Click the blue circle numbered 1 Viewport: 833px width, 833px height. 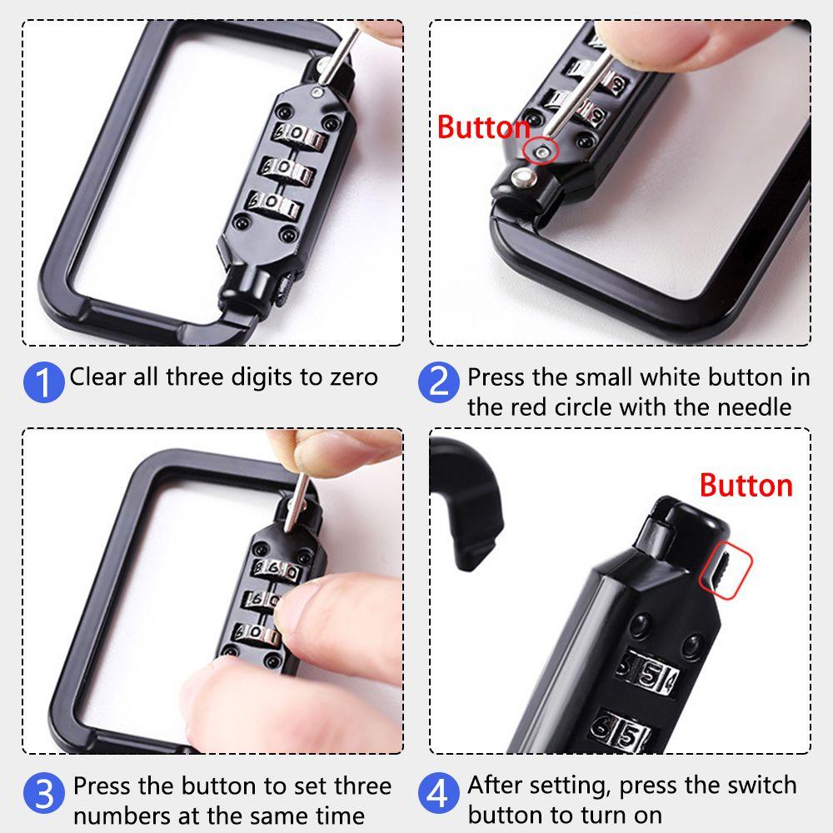point(43,382)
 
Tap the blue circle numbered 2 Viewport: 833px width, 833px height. point(438,382)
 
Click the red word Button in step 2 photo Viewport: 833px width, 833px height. point(483,127)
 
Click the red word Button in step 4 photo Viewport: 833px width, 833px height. point(746,485)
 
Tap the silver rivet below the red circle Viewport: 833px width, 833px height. point(524,177)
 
